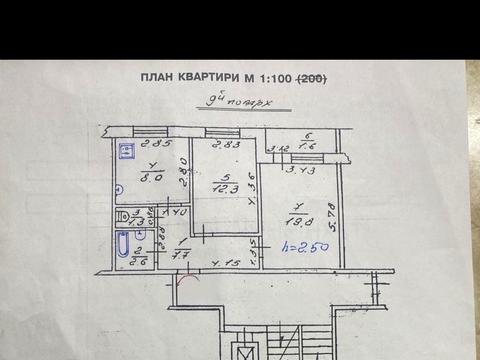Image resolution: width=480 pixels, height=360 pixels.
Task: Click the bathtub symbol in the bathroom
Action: [122, 247]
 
